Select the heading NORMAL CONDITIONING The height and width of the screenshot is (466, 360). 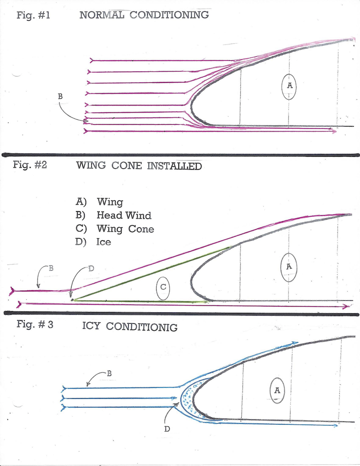144,15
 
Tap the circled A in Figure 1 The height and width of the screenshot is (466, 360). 290,86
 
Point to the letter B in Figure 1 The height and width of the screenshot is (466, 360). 60,96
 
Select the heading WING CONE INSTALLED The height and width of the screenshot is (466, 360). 138,166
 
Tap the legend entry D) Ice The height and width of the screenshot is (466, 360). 96,242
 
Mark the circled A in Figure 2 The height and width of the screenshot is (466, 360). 289,267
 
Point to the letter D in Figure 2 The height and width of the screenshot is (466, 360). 91,269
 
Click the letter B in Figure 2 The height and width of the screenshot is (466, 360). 51,268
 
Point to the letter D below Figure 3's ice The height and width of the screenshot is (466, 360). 167,429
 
